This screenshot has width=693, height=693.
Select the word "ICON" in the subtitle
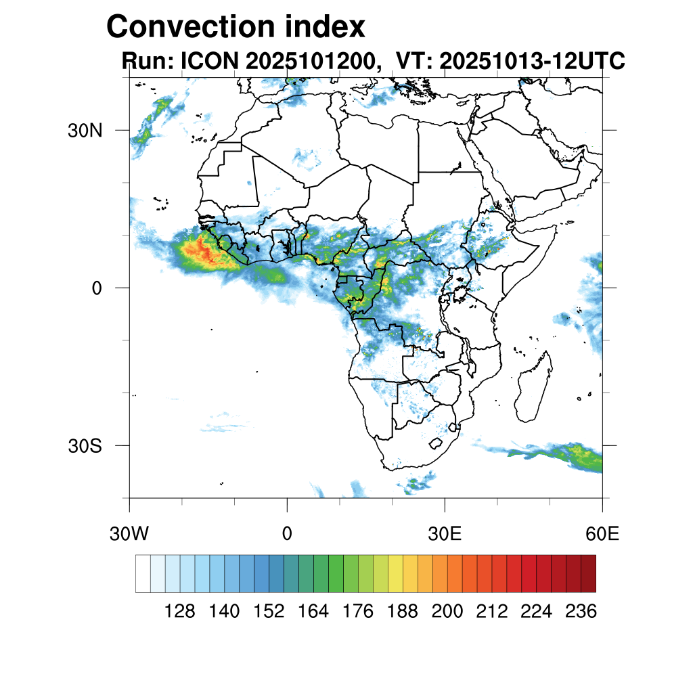point(207,61)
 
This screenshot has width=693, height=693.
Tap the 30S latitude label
point(85,446)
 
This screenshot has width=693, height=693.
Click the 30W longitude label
point(129,534)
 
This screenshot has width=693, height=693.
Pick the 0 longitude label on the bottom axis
point(287,534)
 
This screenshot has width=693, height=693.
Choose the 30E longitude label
point(445,534)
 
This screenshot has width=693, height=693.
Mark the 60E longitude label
point(602,534)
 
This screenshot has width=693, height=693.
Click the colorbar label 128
point(180,612)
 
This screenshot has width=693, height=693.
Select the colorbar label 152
point(269,612)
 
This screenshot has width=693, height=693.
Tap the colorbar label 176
point(358,612)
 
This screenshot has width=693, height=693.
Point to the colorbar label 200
point(447,612)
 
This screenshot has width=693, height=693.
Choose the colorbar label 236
point(581,612)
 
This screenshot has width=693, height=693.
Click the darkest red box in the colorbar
point(588,573)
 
